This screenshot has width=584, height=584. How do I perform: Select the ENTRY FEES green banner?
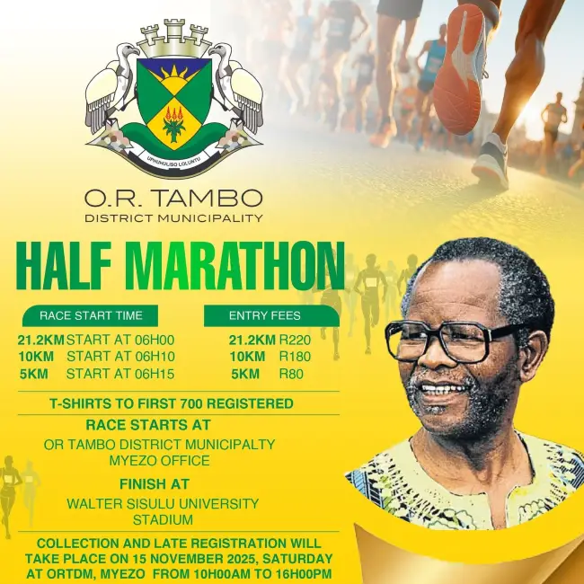click(x=265, y=315)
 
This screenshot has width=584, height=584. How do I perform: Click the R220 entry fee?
click(x=295, y=341)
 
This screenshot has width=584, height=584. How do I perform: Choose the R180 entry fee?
click(x=295, y=357)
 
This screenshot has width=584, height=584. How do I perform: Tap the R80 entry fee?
click(x=291, y=374)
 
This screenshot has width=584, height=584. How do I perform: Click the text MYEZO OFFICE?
click(x=159, y=461)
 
